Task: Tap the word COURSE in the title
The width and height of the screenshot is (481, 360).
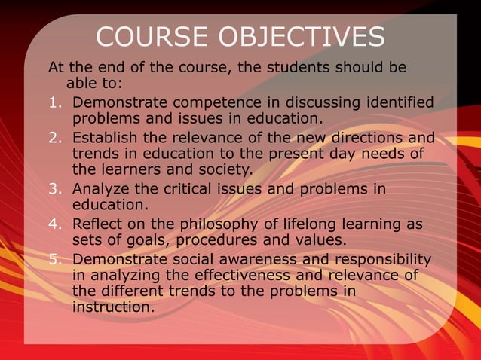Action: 152,37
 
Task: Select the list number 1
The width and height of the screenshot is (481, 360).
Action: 54,102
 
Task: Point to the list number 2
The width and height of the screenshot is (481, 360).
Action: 54,139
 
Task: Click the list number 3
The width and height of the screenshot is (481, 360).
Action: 54,188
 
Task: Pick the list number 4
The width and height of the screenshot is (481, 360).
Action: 54,224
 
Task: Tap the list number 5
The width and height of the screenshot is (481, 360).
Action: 54,260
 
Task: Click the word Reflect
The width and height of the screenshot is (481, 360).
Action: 98,224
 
